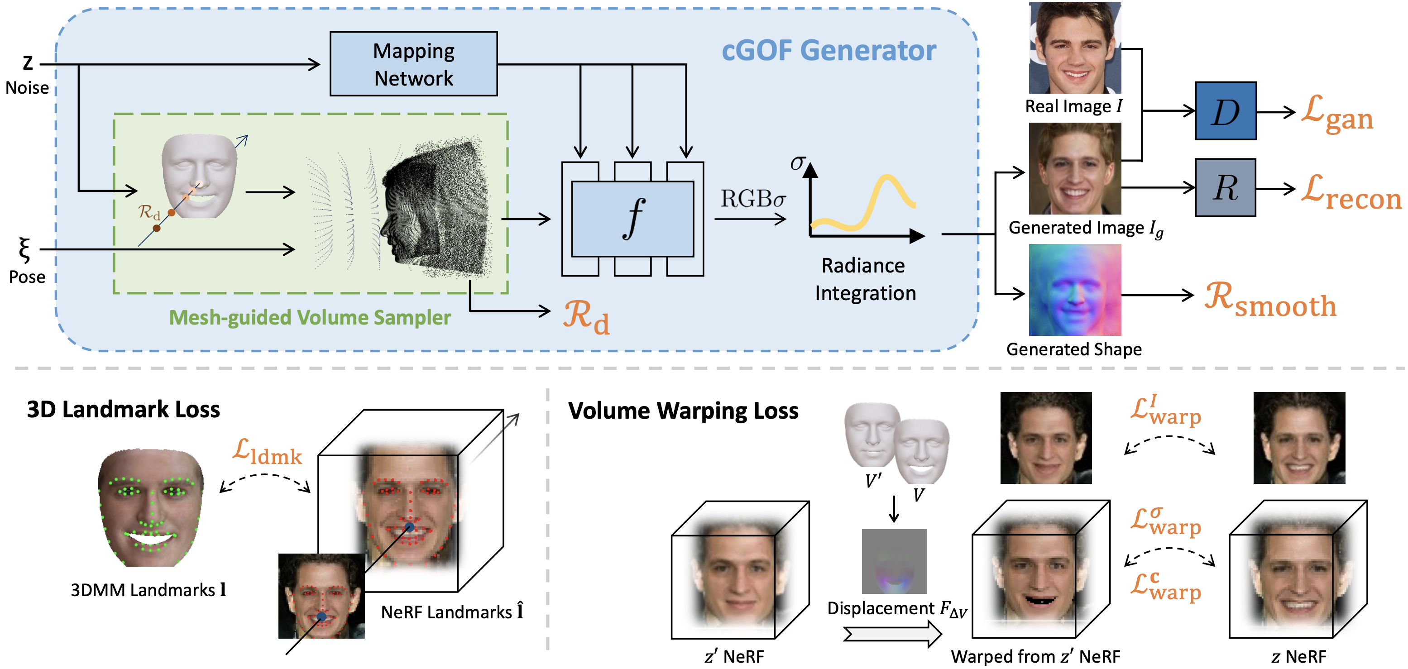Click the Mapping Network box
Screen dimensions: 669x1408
point(413,64)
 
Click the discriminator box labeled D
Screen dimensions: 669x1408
point(1225,111)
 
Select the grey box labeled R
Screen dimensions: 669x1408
point(1225,187)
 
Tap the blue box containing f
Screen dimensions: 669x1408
point(632,219)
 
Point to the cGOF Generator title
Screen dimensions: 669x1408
point(829,50)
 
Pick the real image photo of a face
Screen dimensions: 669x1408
point(1075,48)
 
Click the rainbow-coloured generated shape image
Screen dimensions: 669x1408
point(1075,290)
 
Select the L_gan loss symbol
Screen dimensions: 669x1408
point(1336,114)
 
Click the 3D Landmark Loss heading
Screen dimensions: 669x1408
point(124,409)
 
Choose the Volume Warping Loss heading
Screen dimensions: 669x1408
point(683,411)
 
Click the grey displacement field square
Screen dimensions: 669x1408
point(894,561)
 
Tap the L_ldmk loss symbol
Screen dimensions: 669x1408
point(267,452)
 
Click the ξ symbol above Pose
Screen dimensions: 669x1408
point(24,250)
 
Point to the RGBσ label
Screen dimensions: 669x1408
point(752,199)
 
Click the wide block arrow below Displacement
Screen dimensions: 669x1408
point(892,635)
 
